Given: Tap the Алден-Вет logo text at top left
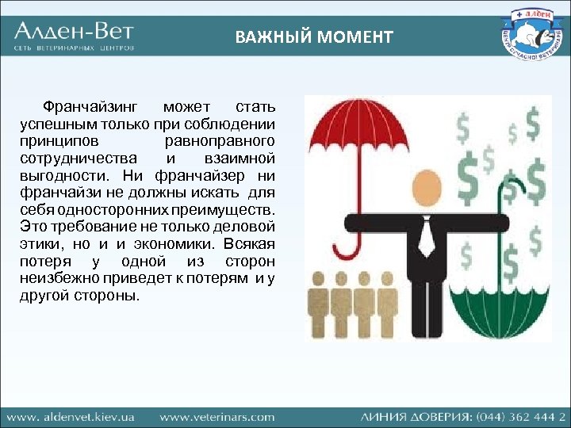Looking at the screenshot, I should [74, 32].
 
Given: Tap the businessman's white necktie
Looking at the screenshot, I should [427, 235].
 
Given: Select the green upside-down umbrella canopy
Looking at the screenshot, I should [498, 310].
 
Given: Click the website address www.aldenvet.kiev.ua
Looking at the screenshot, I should [71, 416].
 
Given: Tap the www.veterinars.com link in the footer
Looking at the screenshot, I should [217, 416].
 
